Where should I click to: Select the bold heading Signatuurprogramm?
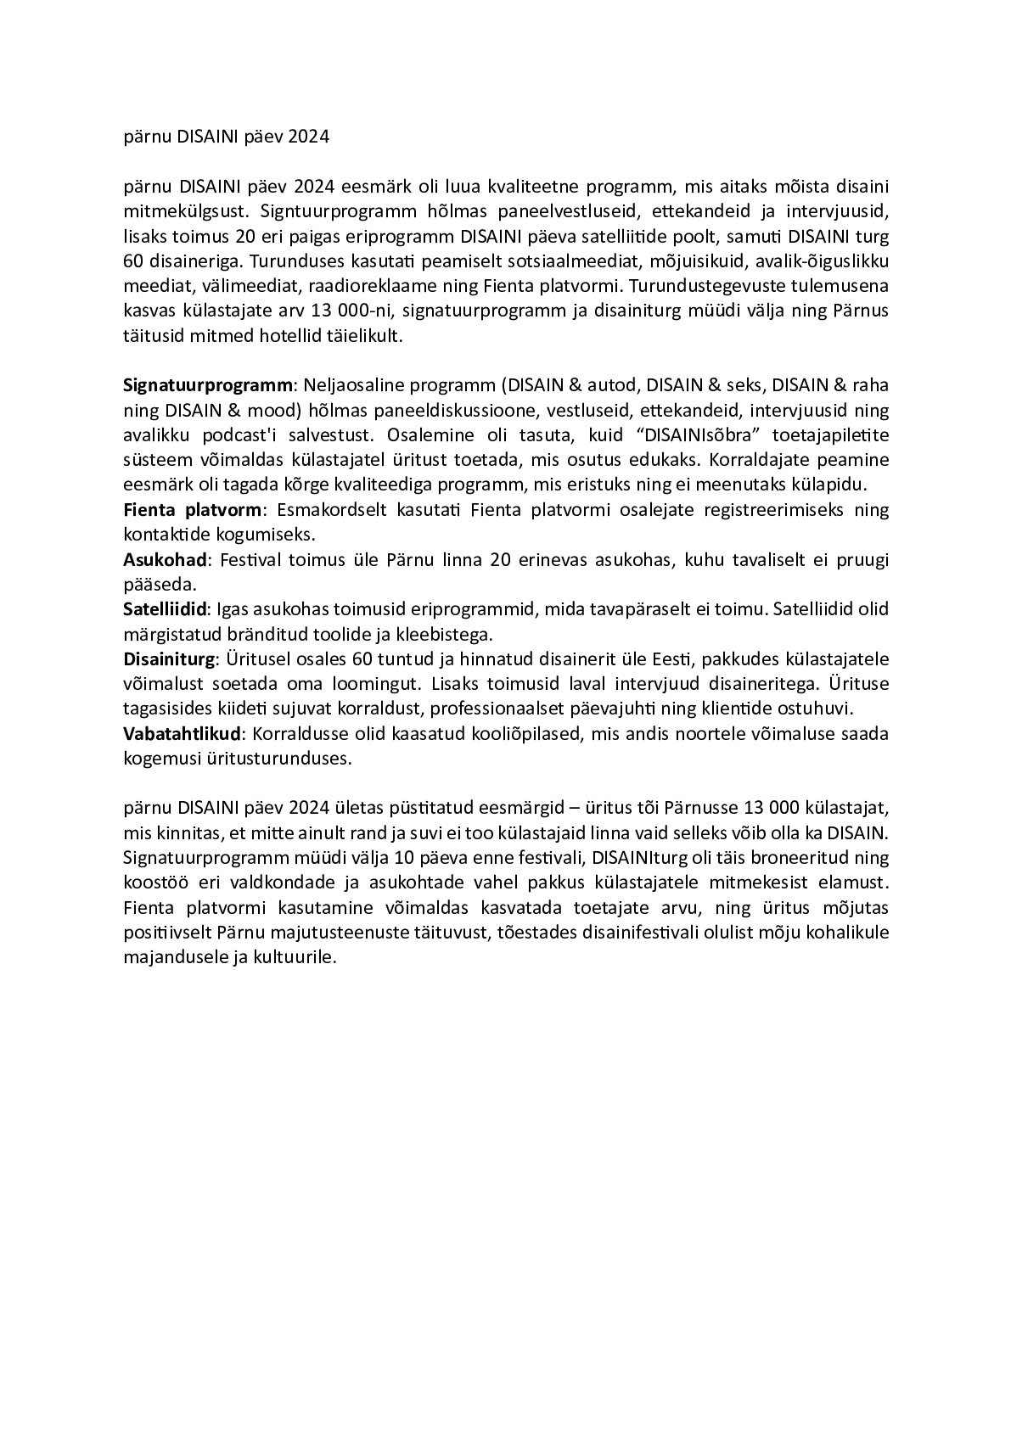tap(207, 385)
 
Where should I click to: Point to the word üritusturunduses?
tap(281, 759)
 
